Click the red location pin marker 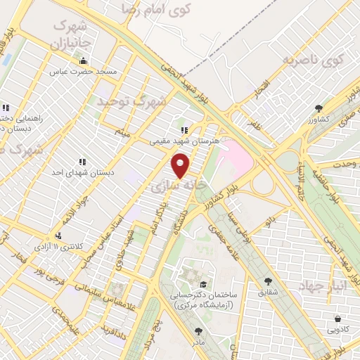(181, 166)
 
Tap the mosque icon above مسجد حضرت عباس (84, 60)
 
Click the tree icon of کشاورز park (319, 108)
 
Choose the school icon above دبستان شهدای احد (82, 161)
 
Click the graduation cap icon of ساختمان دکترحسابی (202, 284)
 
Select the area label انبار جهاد (320, 286)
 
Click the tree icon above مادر (198, 330)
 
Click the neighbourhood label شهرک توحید (133, 103)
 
